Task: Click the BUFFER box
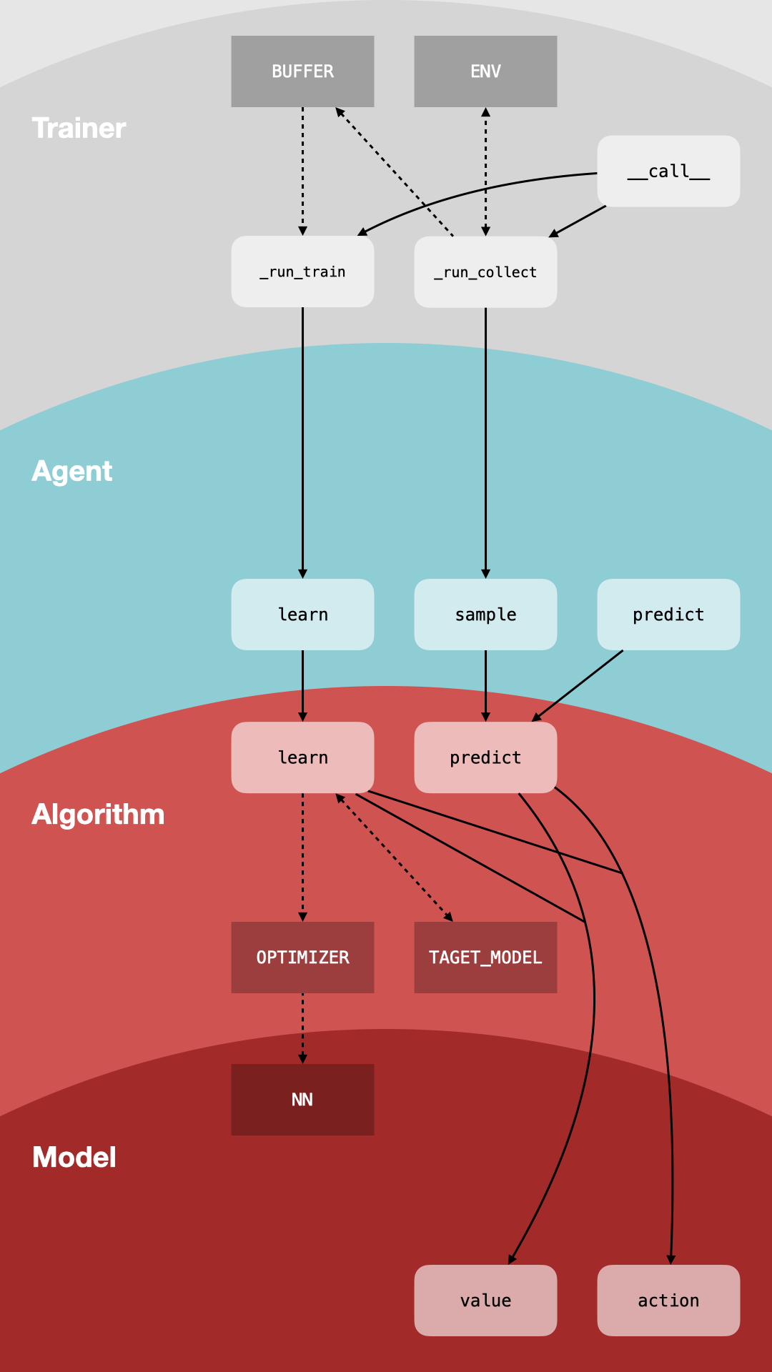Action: [302, 71]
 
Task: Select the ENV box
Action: [485, 71]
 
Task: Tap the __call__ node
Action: [668, 171]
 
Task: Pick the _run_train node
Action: [302, 272]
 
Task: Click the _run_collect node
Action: [485, 272]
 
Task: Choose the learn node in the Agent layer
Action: [302, 615]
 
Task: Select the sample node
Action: [485, 615]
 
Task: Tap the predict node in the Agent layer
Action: [668, 615]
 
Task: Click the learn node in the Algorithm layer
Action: [302, 757]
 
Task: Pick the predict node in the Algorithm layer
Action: [485, 757]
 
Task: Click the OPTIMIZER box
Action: [302, 958]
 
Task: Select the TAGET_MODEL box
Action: [485, 958]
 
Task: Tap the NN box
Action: [302, 1100]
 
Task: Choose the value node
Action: [485, 1301]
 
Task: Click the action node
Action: [668, 1301]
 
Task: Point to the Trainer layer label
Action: [79, 129]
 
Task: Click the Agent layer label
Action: [72, 472]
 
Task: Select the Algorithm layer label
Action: [98, 815]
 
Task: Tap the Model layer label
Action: [74, 1158]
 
